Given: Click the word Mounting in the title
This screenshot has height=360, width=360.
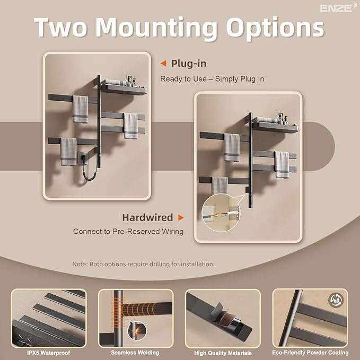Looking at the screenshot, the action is tap(156, 28).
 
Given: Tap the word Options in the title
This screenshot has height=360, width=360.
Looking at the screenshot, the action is tap(275, 28).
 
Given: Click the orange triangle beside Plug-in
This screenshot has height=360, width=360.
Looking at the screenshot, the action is tap(163, 64).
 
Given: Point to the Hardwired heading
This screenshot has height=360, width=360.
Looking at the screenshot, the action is tap(147, 217).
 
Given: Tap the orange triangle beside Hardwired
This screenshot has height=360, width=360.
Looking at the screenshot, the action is tap(181, 217).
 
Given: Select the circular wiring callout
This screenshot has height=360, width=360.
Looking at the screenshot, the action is tap(221, 213).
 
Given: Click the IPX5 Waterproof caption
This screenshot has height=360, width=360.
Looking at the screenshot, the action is tap(49, 353).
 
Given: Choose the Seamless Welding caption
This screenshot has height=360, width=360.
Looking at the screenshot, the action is tap(135, 353).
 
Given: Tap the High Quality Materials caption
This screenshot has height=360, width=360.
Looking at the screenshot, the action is tap(223, 353).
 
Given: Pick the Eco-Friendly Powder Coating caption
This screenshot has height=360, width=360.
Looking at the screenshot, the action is tap(310, 353).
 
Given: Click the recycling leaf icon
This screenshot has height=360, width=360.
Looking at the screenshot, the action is tap(336, 300).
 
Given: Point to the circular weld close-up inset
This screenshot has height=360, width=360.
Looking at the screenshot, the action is tap(137, 330).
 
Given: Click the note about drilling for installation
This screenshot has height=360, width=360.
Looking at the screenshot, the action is tap(143, 264).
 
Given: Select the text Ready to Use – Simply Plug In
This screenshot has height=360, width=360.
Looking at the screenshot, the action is tap(212, 79).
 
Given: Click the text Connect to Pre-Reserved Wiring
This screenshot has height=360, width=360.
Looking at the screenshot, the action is tap(128, 231).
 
